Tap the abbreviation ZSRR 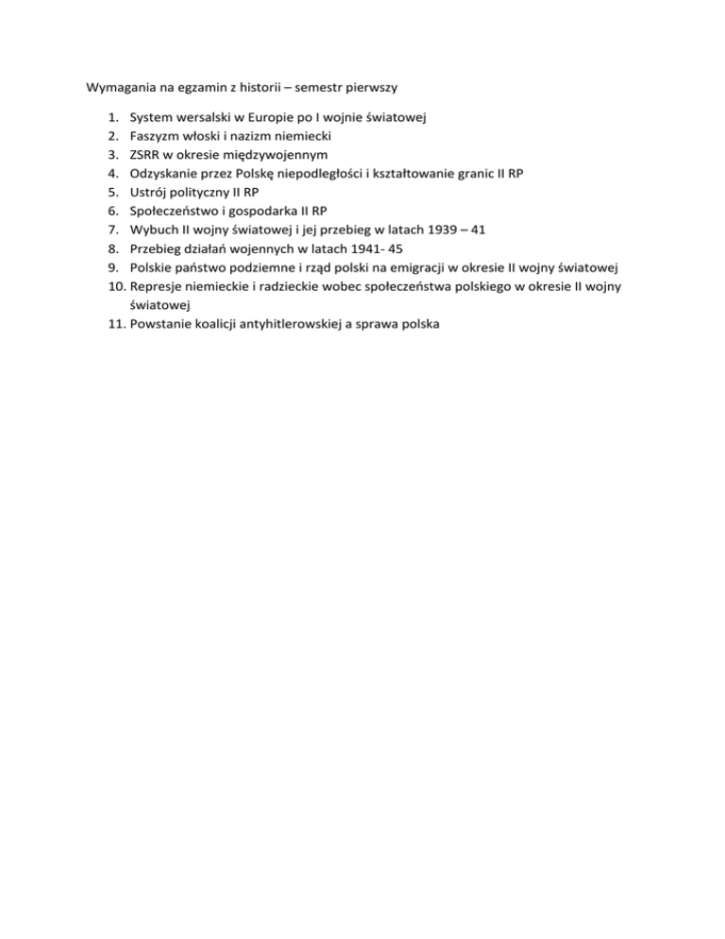coord(146,155)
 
